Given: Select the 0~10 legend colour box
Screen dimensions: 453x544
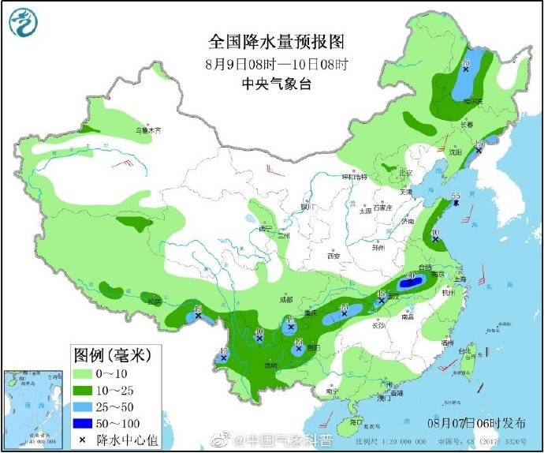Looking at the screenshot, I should (x=83, y=373).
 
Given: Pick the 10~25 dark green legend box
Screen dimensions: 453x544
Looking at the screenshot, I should (x=83, y=390).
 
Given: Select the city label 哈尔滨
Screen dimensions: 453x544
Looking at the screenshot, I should (x=472, y=101).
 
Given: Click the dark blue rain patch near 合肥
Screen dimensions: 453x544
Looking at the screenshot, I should (x=415, y=281).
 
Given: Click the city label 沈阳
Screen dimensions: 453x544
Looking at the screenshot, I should (x=455, y=152).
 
